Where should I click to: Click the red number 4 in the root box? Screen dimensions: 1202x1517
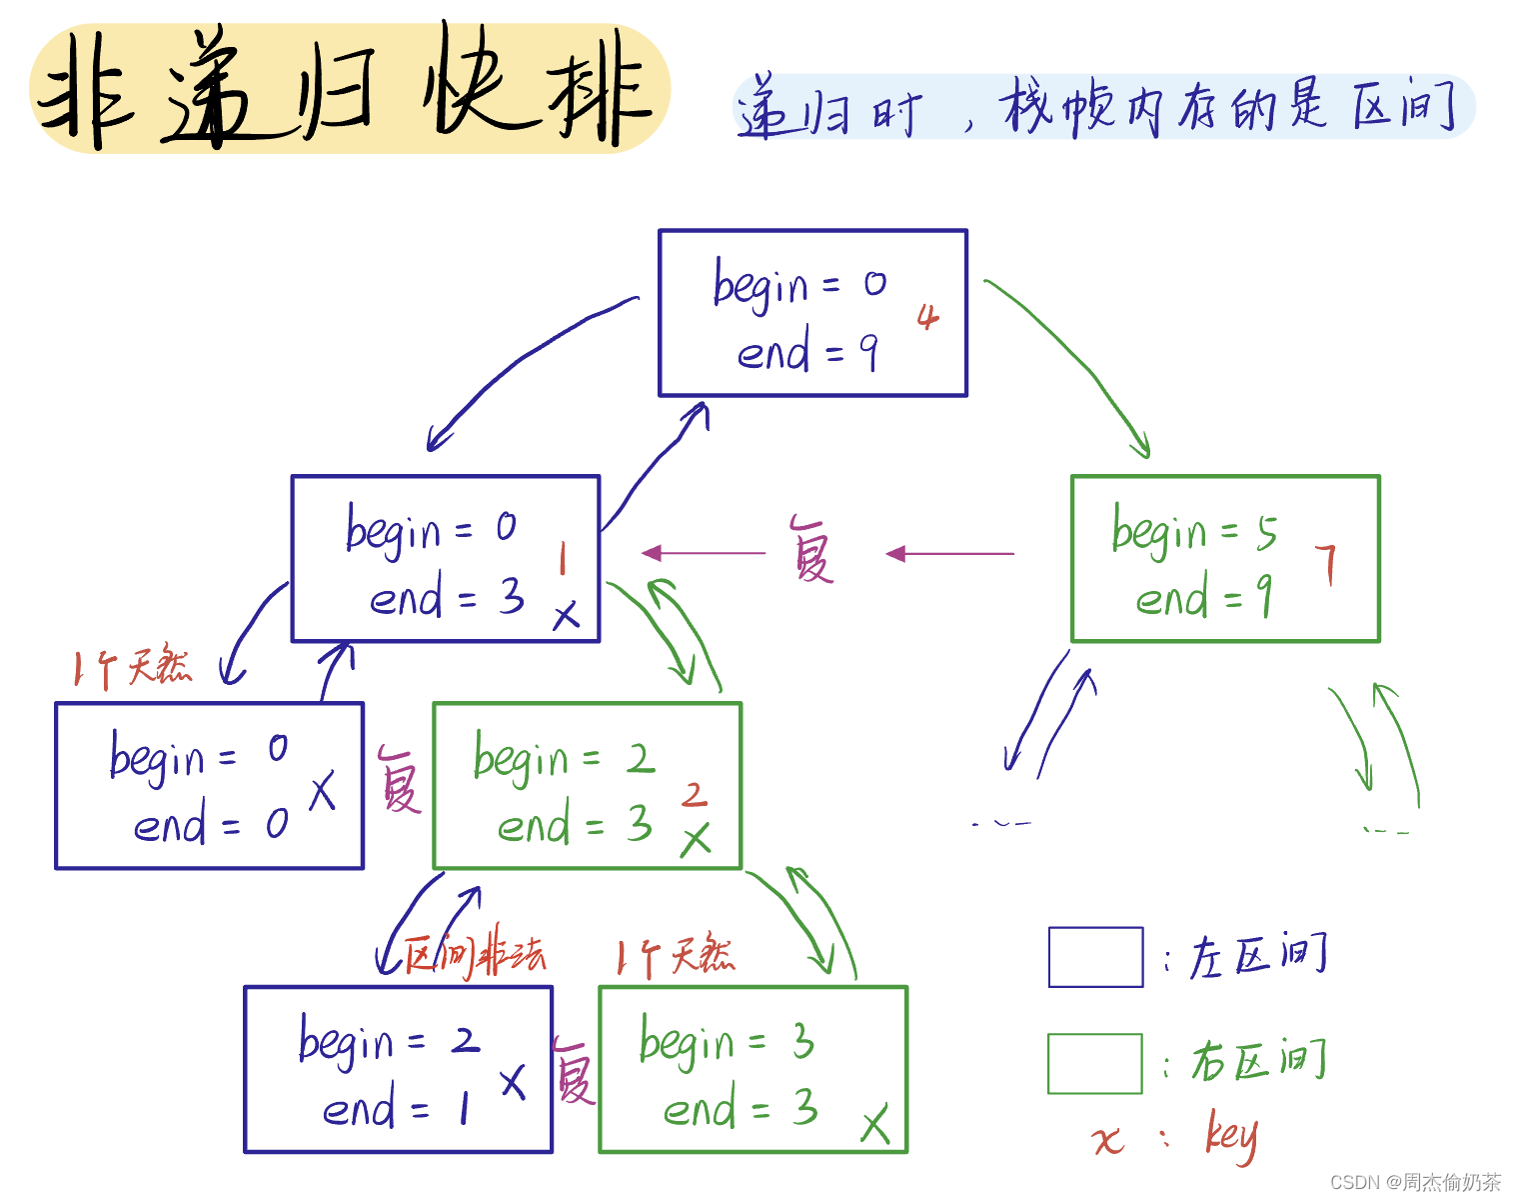[x=928, y=318]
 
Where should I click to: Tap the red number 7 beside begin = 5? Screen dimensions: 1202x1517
[x=1326, y=564]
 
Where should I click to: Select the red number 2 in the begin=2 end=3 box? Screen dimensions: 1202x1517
[x=694, y=795]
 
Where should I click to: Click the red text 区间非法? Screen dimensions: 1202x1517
[x=476, y=955]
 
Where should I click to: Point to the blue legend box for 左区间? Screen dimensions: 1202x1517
[x=1095, y=957]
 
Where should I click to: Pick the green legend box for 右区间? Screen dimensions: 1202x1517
[x=1095, y=1063]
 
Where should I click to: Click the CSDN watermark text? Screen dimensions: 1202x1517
[x=1415, y=1182]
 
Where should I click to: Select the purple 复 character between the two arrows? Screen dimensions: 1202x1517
[x=811, y=550]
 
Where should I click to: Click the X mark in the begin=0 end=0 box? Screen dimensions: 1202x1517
[x=322, y=792]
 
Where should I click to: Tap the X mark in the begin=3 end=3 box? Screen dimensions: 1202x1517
[x=875, y=1125]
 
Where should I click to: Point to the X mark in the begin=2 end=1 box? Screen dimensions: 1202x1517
[x=513, y=1081]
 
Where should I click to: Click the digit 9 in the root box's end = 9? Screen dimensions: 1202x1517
[x=869, y=352]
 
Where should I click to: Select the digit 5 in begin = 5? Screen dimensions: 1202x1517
[x=1266, y=533]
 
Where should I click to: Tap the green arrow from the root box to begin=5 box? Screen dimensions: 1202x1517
[x=1079, y=360]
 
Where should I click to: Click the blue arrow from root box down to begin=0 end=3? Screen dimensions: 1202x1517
[x=520, y=360]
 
